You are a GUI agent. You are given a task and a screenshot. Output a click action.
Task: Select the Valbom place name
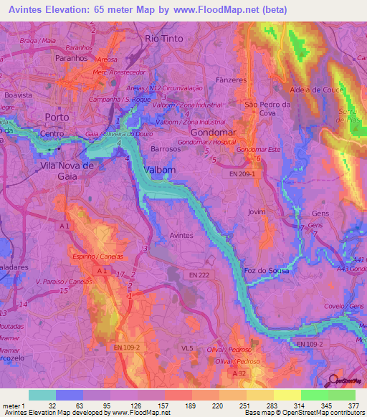(159, 170)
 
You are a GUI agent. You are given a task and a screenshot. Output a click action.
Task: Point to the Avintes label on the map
(180, 234)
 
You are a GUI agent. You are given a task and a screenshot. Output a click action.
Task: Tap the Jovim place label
(256, 212)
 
